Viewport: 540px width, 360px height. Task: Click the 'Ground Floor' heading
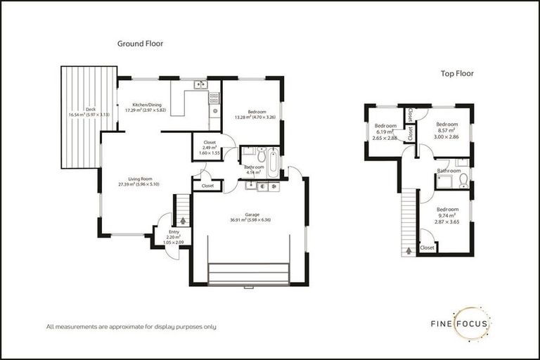pos(140,44)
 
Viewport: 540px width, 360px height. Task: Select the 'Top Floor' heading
pos(457,73)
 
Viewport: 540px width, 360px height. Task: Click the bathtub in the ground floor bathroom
pos(271,162)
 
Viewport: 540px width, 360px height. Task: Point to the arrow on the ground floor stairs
pos(183,221)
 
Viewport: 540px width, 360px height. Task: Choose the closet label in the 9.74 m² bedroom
pos(427,247)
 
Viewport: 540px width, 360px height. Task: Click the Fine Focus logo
pos(461,323)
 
